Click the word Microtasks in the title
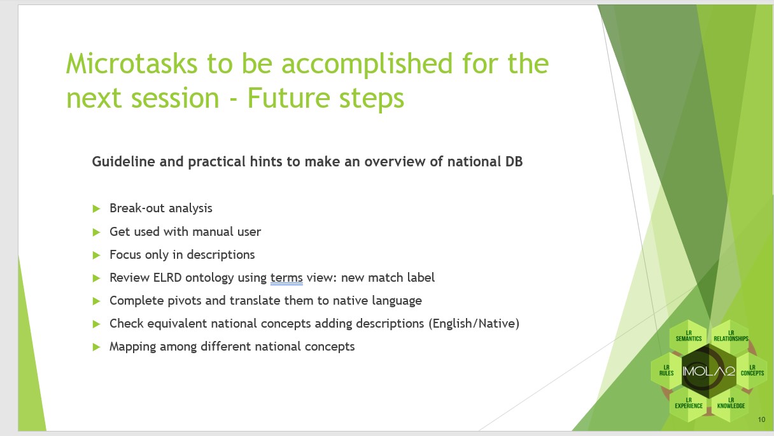[132, 63]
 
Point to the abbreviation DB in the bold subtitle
[514, 162]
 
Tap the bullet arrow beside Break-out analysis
[96, 208]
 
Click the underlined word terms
[286, 278]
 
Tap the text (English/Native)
[474, 324]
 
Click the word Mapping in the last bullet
[132, 347]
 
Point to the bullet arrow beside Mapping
[96, 347]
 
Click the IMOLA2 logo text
[708, 372]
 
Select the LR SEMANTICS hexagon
[689, 336]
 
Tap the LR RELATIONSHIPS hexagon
[731, 336]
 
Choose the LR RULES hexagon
[666, 370]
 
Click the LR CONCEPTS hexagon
[752, 370]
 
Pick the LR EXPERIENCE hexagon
[689, 403]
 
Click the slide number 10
[761, 419]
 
